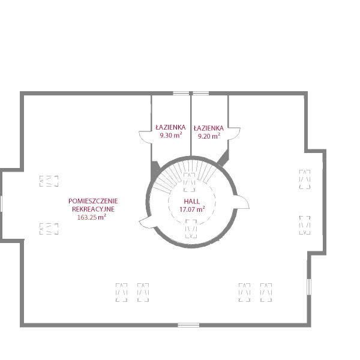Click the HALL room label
coord(192,202)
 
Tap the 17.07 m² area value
coord(192,209)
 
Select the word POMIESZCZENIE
coord(93,201)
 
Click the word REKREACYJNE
coord(93,209)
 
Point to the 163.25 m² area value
coord(92,217)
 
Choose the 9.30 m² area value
coord(171,135)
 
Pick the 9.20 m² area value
coord(209,136)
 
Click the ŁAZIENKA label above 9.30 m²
coord(170,127)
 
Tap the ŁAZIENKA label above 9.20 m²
coord(209,128)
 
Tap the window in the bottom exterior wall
coord(188,325)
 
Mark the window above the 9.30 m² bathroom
coord(181,93)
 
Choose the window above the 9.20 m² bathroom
coord(200,93)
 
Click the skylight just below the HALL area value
coord(191,229)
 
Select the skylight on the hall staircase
coord(190,182)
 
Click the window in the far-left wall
coord(1,203)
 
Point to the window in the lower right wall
coord(309,287)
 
